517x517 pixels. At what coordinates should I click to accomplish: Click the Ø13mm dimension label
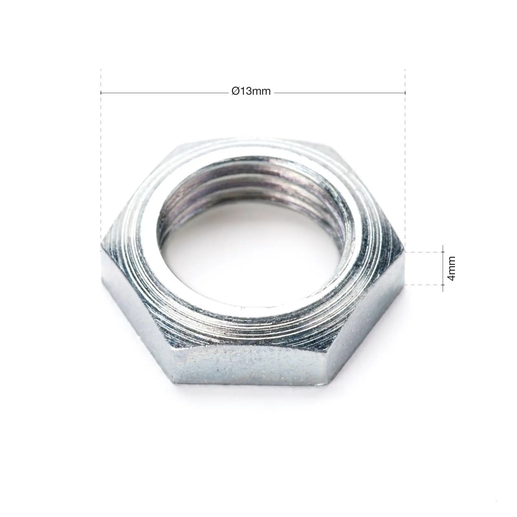251,92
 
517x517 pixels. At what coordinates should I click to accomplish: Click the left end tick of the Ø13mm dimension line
101,93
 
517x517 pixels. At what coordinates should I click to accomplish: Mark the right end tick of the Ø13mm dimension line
405,93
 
